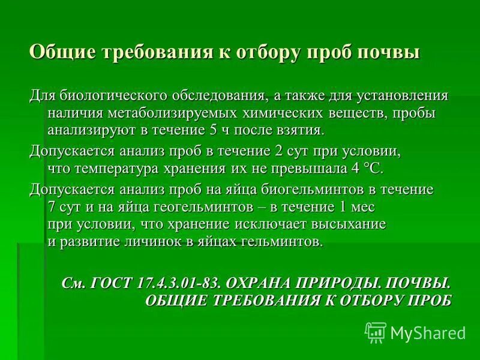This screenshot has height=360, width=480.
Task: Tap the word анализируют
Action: coord(87,130)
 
